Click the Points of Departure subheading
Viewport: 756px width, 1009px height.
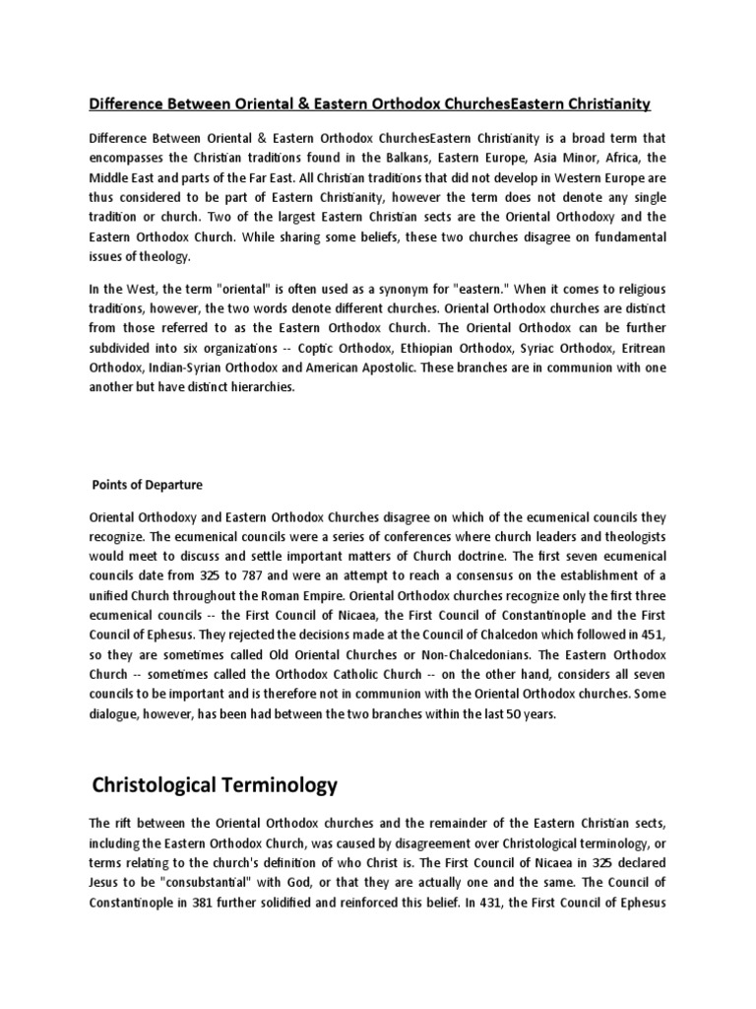(147, 485)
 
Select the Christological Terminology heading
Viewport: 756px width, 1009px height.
(214, 785)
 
